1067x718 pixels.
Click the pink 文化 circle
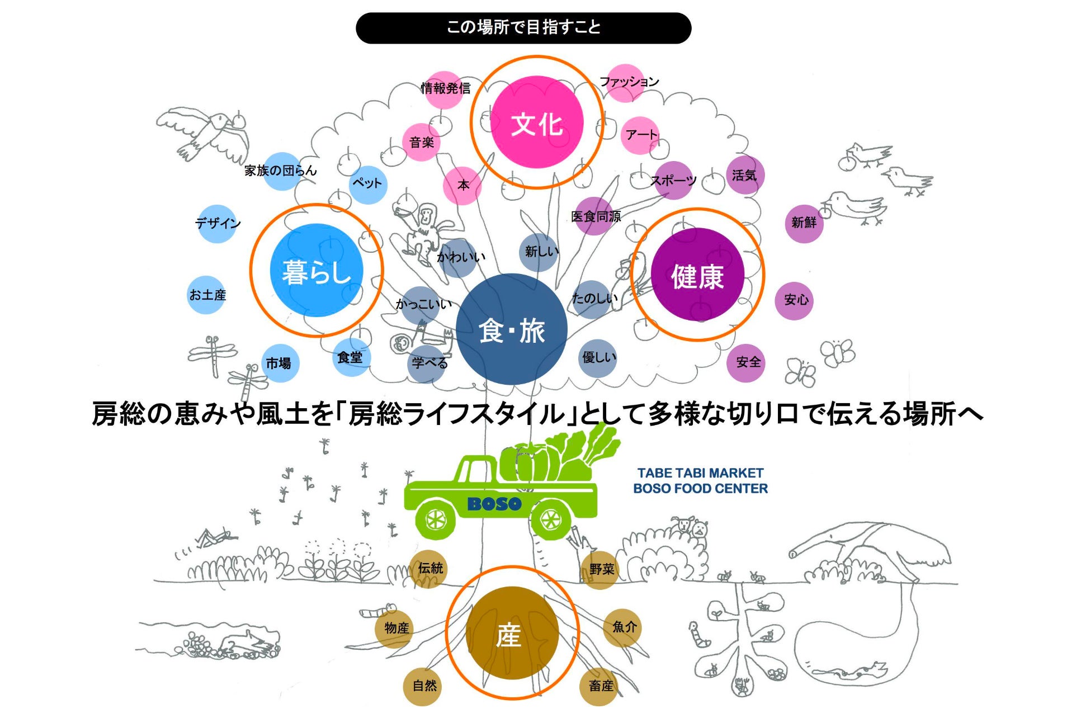click(536, 122)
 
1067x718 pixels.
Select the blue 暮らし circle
click(316, 271)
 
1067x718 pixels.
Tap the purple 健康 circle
click(697, 275)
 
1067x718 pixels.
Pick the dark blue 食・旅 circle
click(511, 329)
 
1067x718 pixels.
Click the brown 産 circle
click(512, 633)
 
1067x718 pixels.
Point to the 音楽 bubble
click(422, 142)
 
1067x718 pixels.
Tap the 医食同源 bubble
click(594, 216)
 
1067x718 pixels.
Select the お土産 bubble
click(207, 295)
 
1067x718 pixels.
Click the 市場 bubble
click(278, 363)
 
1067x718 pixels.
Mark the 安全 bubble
click(747, 362)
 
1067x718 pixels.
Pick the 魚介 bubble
click(622, 627)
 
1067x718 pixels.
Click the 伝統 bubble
click(429, 569)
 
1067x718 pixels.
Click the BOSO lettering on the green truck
click(494, 504)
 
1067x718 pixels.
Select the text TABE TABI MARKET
click(700, 473)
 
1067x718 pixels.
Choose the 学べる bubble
click(429, 363)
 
